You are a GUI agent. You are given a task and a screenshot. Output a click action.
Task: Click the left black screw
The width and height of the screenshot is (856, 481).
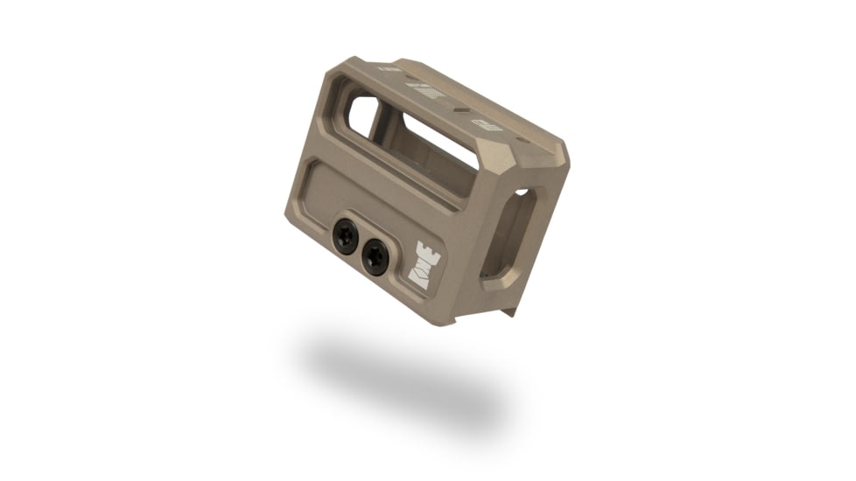345,236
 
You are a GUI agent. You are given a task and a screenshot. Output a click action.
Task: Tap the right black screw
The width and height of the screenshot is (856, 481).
375,257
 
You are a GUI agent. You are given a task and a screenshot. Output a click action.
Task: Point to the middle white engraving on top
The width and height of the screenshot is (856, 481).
429,91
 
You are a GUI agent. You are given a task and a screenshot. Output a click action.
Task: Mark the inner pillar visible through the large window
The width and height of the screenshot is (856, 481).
385,127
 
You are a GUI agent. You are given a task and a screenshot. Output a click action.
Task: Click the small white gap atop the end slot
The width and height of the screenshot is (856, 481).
522,192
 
